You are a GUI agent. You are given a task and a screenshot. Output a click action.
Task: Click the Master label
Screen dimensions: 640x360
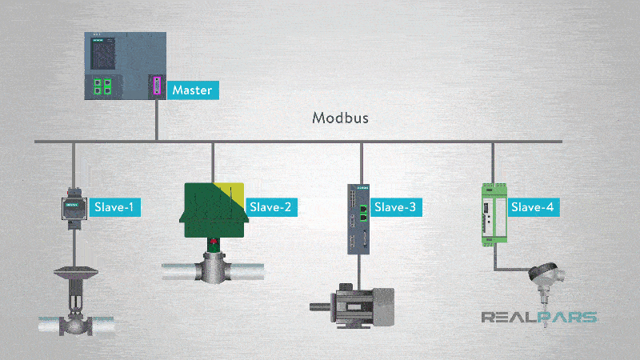point(193,90)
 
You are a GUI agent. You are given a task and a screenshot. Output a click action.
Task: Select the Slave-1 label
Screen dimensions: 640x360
point(115,207)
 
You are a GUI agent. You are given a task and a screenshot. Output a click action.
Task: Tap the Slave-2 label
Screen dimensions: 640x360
point(271,207)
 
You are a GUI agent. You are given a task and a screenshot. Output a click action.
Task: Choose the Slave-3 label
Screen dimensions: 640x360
point(395,207)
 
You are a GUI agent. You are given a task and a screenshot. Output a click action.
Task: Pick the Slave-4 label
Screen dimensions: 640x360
point(533,207)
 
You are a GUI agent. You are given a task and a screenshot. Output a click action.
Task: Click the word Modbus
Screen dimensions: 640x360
point(341,118)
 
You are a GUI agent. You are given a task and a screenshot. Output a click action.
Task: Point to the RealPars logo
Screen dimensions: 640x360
point(539,317)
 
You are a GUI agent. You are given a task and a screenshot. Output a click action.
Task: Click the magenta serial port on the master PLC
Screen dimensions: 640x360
point(157,86)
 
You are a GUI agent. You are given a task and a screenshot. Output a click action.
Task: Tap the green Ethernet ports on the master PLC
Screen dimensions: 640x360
point(102,86)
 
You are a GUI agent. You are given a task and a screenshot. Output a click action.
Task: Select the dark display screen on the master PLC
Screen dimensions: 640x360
point(102,54)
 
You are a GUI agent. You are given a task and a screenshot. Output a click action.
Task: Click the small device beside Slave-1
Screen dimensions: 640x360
point(74,209)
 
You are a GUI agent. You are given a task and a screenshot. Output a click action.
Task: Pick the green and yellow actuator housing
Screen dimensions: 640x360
point(214,210)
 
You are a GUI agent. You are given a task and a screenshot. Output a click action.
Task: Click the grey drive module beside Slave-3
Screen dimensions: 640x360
point(358,219)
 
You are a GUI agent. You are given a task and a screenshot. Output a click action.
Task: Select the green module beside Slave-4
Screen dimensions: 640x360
point(494,214)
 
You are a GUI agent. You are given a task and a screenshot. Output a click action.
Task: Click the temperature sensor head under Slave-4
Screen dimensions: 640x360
point(546,274)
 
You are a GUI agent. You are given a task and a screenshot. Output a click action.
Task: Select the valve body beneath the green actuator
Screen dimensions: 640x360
point(213,268)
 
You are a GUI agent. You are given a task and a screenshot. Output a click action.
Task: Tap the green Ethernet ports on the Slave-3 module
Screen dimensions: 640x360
point(363,214)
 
